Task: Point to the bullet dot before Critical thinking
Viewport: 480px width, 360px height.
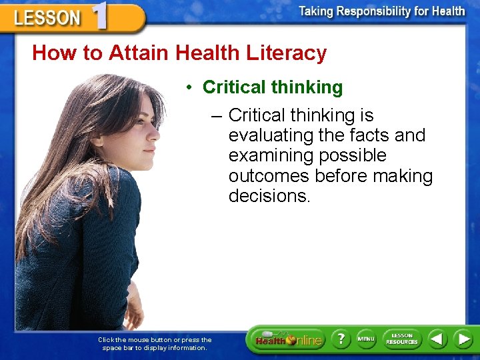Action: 190,88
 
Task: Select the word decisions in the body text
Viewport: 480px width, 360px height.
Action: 269,196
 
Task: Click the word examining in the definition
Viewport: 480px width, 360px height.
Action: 270,156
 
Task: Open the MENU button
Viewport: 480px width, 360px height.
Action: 366,339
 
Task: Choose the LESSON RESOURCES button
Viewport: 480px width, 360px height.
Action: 401,339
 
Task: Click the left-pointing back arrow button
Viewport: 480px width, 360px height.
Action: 437,339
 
